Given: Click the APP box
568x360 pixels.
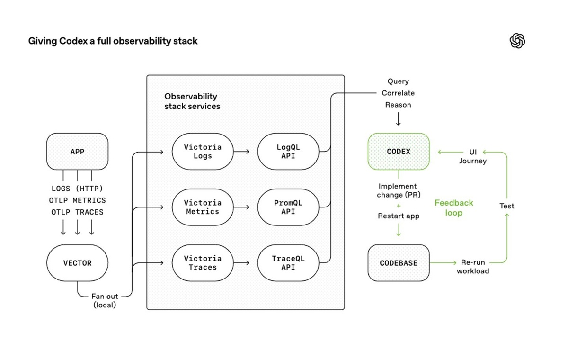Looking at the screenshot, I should click(x=77, y=152).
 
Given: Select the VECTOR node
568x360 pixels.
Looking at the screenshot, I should click(x=77, y=263).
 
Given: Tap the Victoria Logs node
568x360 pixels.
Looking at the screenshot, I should click(x=203, y=152).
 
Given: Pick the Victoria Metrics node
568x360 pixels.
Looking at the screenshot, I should click(x=203, y=207).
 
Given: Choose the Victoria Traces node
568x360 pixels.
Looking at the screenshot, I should click(x=203, y=263).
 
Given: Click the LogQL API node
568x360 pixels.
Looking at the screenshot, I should click(x=288, y=152).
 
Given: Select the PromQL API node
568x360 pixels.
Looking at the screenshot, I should click(x=288, y=207).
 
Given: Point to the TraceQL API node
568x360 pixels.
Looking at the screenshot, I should click(x=288, y=263).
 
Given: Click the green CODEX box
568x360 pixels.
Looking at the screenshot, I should click(x=399, y=152).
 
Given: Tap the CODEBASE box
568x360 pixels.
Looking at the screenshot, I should click(x=399, y=263).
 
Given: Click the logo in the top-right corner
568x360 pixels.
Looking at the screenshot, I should click(x=518, y=41).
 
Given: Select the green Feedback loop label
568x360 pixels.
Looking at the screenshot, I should click(x=453, y=207).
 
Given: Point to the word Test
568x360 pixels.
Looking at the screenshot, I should click(x=506, y=206).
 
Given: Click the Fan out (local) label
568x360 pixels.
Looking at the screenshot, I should click(x=105, y=301).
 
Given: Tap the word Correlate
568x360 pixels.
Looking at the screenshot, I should click(x=398, y=93).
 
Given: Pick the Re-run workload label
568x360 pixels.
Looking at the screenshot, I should click(x=473, y=267).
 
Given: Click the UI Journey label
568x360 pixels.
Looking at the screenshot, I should click(x=473, y=156).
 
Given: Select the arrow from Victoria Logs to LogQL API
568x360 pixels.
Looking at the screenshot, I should click(x=242, y=152).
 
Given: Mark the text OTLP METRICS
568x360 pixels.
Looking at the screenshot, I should click(x=77, y=200).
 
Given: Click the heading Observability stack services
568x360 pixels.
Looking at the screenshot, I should click(x=192, y=101).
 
